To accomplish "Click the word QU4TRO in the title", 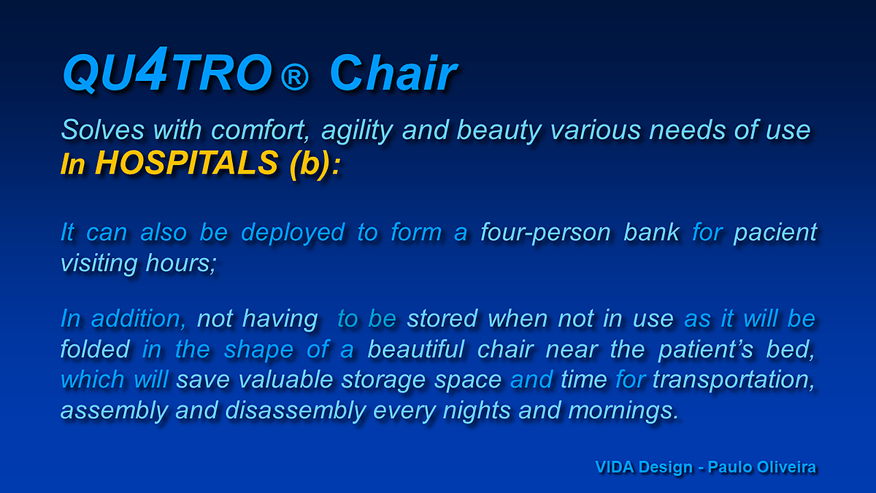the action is click(x=167, y=70).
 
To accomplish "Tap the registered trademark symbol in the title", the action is click(x=294, y=76).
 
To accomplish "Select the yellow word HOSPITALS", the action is click(x=187, y=163).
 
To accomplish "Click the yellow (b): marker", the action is click(x=315, y=164).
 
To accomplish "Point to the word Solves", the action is click(x=103, y=130).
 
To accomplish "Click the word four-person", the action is click(x=545, y=233).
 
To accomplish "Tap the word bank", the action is click(x=651, y=232).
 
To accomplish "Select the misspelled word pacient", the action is click(x=775, y=233).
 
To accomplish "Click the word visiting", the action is click(x=99, y=264).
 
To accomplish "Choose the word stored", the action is click(x=442, y=319).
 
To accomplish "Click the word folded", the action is click(x=95, y=349).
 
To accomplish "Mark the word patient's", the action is click(x=706, y=349).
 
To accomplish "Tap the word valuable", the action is click(x=285, y=380).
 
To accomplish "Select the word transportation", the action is click(x=734, y=381).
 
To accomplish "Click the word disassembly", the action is click(x=296, y=411).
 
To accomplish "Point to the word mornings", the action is click(x=623, y=411).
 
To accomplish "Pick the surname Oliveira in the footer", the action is click(x=786, y=467).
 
